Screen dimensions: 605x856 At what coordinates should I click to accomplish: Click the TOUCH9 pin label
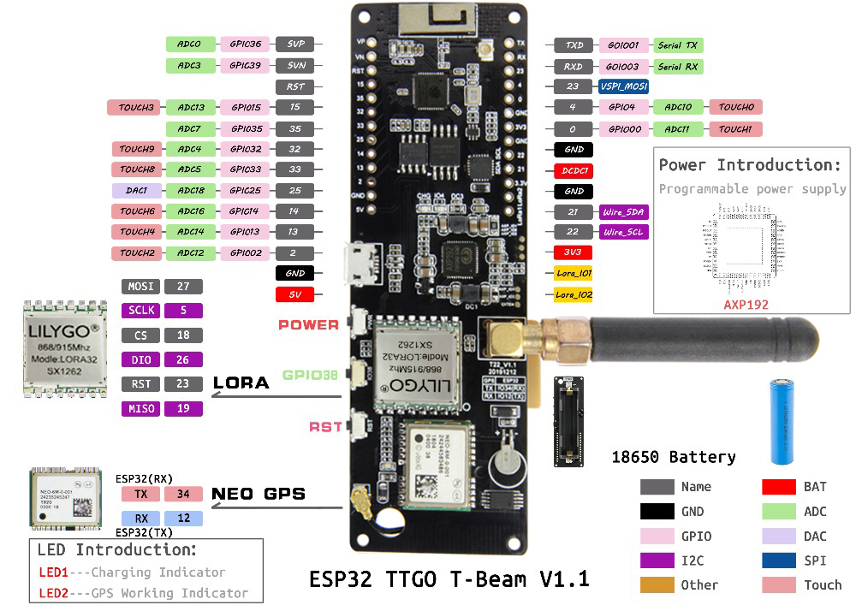136,149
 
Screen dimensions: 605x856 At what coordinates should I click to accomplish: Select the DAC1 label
136,190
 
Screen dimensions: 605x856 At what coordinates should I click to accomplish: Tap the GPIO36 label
245,44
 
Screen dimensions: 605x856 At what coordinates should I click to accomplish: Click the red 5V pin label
294,294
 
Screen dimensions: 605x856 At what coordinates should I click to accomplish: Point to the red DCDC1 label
574,170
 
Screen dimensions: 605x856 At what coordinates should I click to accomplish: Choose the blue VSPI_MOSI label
623,86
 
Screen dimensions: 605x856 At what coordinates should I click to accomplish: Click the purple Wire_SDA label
623,211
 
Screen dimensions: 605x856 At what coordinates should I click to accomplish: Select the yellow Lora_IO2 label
574,294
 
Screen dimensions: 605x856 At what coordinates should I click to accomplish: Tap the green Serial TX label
678,44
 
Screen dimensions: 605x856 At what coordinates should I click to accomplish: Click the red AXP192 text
746,304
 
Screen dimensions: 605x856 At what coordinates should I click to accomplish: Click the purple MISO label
141,408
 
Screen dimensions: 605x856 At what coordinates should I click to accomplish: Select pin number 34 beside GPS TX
182,494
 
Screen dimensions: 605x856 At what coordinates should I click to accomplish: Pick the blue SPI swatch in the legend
778,561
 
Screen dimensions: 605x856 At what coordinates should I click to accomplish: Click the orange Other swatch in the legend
657,585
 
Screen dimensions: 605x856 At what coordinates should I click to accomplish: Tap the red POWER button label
308,325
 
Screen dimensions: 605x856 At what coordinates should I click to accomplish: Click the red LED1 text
52,572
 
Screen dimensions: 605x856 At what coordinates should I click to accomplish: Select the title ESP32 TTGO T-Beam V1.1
449,579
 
